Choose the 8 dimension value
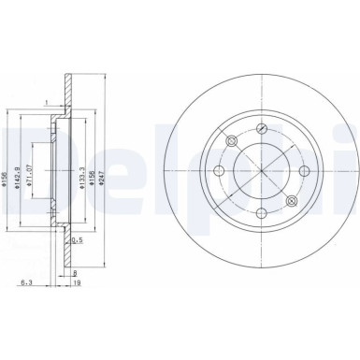pos(74,271)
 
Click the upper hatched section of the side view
pos(65,94)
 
